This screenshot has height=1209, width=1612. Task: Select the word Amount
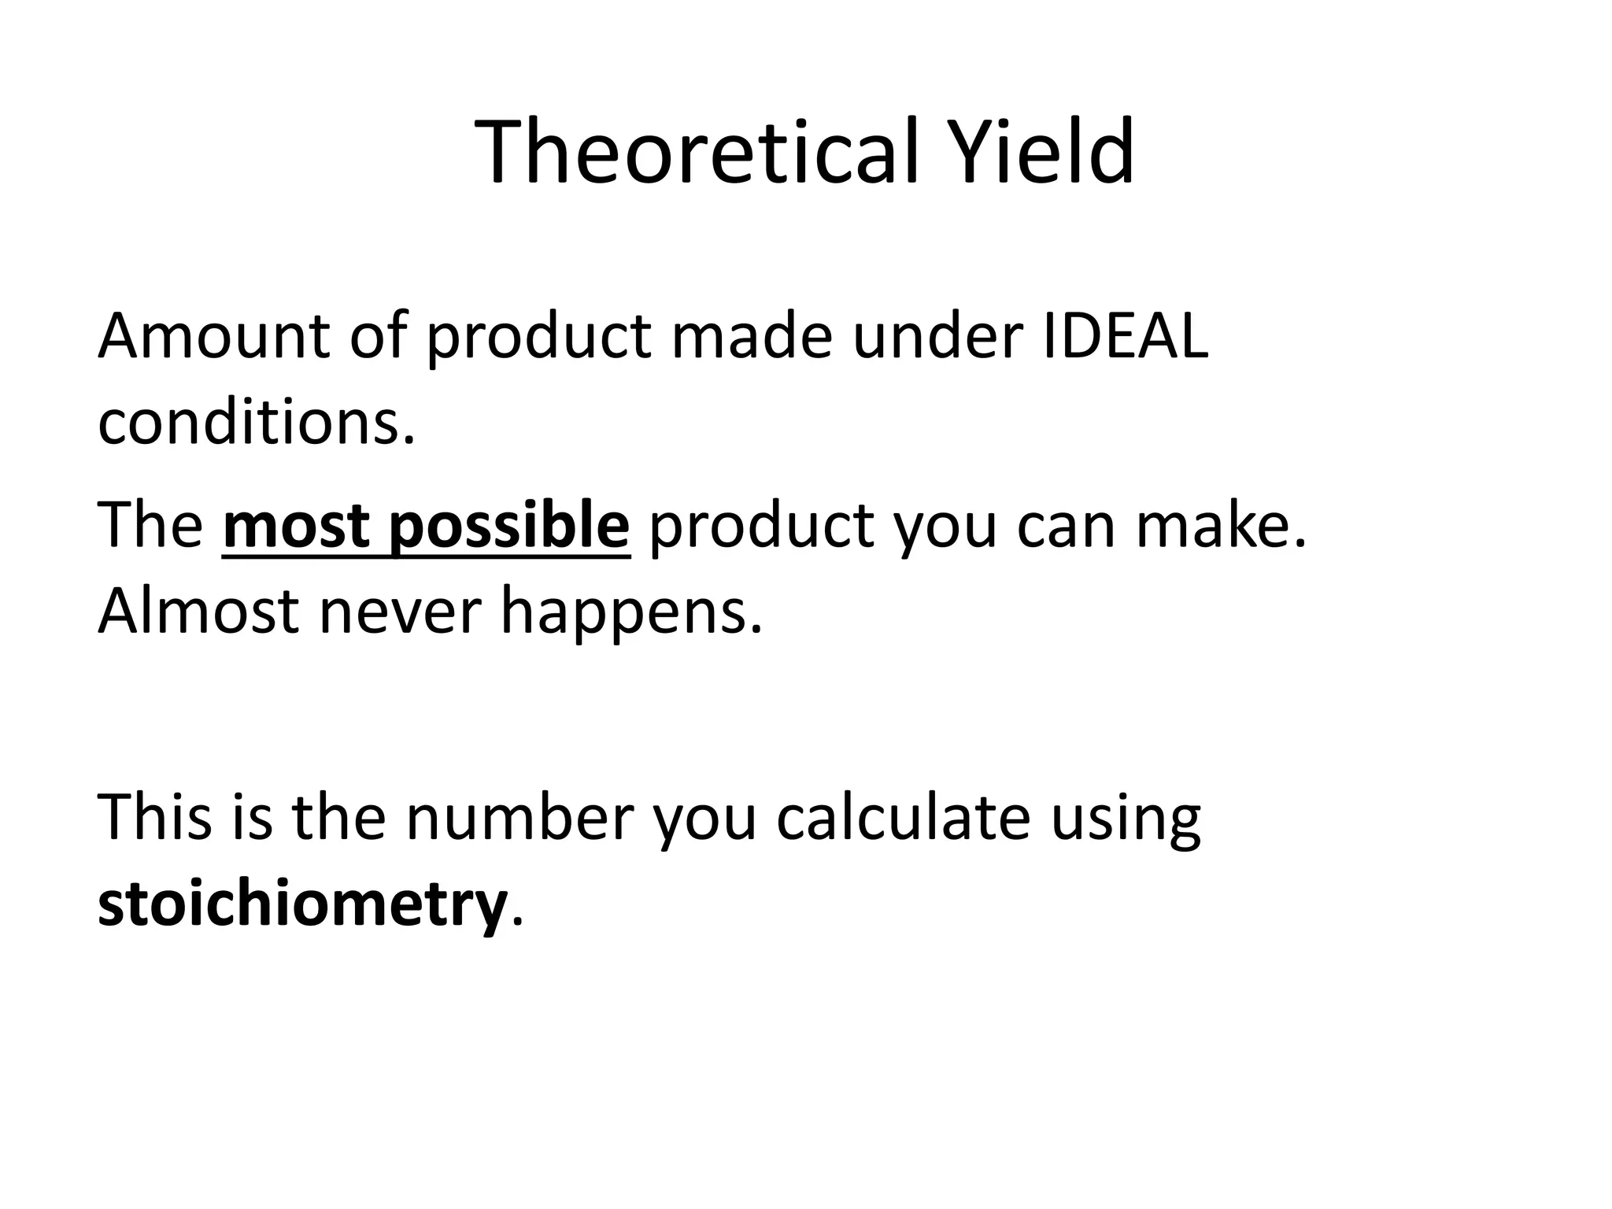(x=213, y=336)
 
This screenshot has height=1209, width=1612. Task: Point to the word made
(x=751, y=336)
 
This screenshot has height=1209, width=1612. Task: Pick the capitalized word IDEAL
(x=1126, y=336)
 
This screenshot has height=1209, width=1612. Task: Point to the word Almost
(x=198, y=612)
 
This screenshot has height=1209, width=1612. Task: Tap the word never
(x=400, y=612)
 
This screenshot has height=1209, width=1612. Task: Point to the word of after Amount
(x=378, y=336)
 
